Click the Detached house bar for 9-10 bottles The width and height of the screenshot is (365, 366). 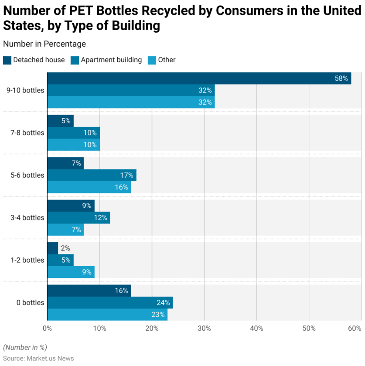pos(199,78)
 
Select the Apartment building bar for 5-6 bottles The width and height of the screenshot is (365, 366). pos(92,175)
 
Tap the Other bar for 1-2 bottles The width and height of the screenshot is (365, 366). pos(71,272)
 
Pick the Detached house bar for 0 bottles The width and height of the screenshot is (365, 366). pos(89,291)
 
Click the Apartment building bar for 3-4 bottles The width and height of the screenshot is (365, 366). pos(78,217)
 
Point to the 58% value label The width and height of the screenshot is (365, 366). pos(341,79)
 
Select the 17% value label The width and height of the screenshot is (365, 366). pos(126,175)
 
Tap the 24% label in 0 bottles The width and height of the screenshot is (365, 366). pos(163,303)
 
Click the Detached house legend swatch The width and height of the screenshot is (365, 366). pos(7,60)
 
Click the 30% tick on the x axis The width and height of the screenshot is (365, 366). pos(204,328)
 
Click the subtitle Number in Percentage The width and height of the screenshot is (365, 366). pos(44,44)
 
